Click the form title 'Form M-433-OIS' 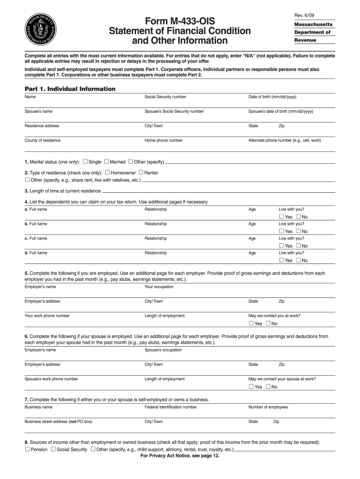[180, 21]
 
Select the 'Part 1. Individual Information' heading [70, 89]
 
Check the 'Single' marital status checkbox [85, 162]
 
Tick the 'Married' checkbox [107, 162]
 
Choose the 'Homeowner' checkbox [108, 173]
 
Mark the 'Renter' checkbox [141, 173]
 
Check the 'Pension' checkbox [27, 450]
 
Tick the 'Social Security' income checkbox [53, 450]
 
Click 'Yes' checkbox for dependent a [281, 217]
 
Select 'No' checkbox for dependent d [298, 261]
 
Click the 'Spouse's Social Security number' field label [174, 111]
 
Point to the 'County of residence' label [43, 140]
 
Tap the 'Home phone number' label [164, 140]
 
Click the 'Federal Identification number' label [171, 407]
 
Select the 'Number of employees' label [268, 407]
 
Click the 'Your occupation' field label [159, 287]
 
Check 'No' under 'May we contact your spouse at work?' [268, 387]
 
